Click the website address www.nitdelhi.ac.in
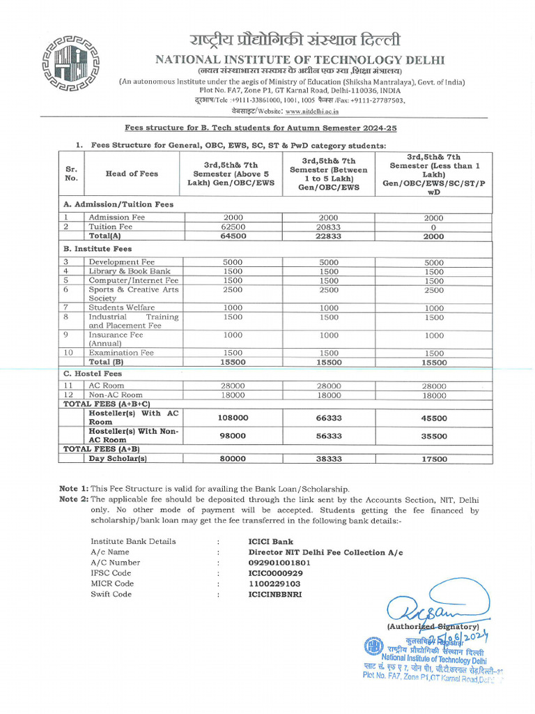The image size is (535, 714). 311,110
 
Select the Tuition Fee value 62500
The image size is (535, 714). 232,227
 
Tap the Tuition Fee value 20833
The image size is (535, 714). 328,227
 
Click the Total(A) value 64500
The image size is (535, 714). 232,236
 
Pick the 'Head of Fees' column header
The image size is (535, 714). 132,174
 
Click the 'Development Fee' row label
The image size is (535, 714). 117,261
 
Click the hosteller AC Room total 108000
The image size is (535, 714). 232,418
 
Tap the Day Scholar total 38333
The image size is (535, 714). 328,459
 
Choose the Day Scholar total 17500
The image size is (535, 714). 434,459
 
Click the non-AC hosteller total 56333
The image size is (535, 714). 328,436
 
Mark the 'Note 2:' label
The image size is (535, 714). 74,499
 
